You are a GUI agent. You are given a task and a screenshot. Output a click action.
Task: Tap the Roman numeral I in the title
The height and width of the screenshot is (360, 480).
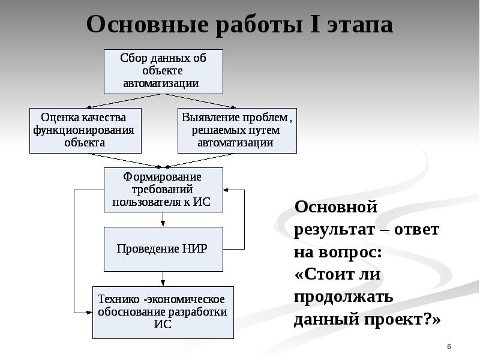coord(315,25)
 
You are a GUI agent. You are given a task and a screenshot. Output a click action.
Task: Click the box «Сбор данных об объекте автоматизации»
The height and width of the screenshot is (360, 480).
coord(163,71)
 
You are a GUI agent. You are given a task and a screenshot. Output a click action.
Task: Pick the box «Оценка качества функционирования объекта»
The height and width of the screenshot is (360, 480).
coord(85,131)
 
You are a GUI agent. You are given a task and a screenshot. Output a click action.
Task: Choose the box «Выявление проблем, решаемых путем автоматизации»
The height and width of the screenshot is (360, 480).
coord(237,131)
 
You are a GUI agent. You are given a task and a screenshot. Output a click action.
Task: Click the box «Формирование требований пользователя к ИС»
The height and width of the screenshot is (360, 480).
coord(163,190)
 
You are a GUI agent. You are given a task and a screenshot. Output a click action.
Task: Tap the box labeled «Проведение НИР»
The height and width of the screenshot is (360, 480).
coord(163,249)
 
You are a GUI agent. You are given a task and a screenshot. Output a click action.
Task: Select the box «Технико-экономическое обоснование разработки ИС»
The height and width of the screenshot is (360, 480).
coord(163,313)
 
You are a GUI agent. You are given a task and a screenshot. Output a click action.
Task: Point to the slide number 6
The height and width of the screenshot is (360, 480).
coord(449,347)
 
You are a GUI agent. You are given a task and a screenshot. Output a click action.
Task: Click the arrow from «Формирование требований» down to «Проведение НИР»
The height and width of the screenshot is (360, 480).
coord(163,219)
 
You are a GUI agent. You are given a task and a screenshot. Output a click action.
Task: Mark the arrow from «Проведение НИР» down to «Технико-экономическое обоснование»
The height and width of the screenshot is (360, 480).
coord(163,279)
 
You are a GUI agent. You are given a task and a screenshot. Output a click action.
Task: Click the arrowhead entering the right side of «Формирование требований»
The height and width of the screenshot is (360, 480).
coord(226,190)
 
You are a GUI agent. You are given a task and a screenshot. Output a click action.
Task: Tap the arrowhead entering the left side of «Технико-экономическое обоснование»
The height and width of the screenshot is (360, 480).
coord(89,313)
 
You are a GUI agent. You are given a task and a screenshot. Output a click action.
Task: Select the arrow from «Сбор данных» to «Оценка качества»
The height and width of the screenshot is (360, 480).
coord(124,101)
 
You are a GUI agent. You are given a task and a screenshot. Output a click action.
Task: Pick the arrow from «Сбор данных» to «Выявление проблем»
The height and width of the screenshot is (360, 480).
coord(199,101)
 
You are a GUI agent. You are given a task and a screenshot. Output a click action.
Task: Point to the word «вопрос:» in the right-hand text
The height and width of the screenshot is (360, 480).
coord(350,253)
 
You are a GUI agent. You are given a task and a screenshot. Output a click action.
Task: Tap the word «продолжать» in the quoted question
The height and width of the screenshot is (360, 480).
coord(343,297)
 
